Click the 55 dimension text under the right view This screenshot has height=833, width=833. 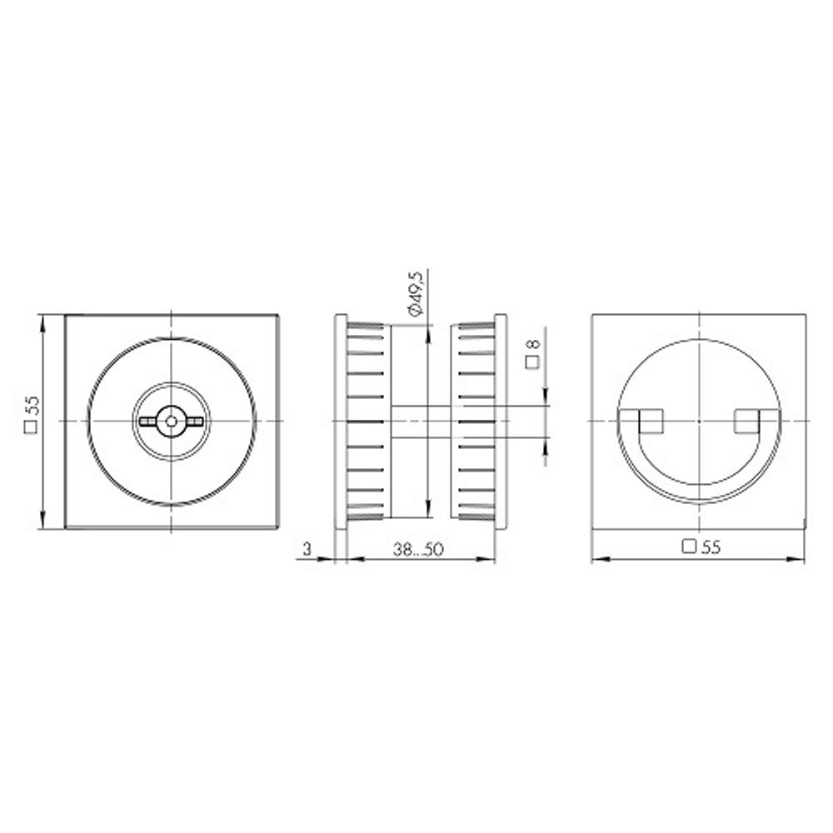(x=710, y=547)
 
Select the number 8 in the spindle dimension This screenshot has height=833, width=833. (x=534, y=342)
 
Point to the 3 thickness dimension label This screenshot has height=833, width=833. (x=307, y=548)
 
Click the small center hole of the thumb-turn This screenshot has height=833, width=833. (x=170, y=421)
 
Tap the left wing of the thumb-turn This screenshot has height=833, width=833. (x=151, y=421)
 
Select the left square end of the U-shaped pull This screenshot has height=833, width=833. (x=650, y=421)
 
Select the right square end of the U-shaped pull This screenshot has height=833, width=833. (x=747, y=421)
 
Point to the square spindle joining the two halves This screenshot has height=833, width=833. (x=421, y=421)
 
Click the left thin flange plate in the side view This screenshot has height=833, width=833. (x=340, y=421)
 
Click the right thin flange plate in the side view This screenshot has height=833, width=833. (x=501, y=421)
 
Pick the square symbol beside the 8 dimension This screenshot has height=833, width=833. (x=531, y=362)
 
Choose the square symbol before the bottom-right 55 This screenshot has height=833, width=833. (x=689, y=547)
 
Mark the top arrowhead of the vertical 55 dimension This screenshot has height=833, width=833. (x=42, y=321)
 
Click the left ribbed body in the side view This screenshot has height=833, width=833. (x=367, y=421)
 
